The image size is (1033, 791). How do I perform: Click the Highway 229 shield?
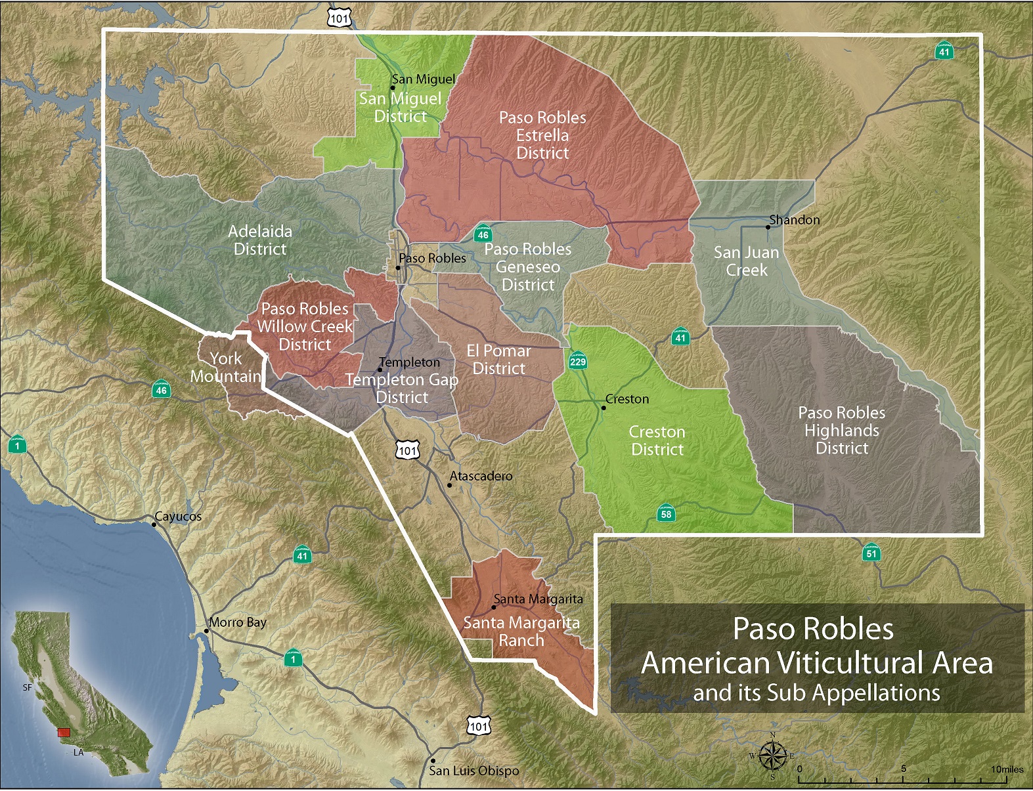(x=577, y=360)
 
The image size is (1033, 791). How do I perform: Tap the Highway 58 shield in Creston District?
(x=666, y=513)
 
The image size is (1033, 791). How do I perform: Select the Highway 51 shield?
(x=871, y=553)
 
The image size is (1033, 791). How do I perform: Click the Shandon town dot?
(x=768, y=227)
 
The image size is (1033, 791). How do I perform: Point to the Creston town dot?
(x=604, y=408)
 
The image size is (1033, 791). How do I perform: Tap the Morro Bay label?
(x=238, y=622)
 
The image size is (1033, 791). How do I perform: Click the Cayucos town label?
(x=178, y=516)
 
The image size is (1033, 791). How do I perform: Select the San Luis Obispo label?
(x=473, y=771)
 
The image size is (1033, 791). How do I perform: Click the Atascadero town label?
(x=481, y=476)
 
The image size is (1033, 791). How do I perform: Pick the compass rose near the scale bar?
(x=773, y=756)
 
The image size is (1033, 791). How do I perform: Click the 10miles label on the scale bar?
(x=1007, y=769)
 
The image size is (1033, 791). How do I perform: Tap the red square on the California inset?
(x=64, y=732)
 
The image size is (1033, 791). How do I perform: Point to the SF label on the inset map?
(x=28, y=687)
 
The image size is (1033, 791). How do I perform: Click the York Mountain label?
(x=226, y=368)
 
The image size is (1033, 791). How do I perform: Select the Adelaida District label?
(x=260, y=240)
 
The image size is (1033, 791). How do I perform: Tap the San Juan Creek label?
(x=746, y=261)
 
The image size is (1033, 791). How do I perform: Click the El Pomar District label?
(x=498, y=360)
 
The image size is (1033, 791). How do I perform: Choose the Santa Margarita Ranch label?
(x=521, y=631)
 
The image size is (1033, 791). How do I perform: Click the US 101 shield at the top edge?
(x=340, y=18)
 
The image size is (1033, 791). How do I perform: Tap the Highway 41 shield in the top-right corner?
(x=944, y=51)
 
